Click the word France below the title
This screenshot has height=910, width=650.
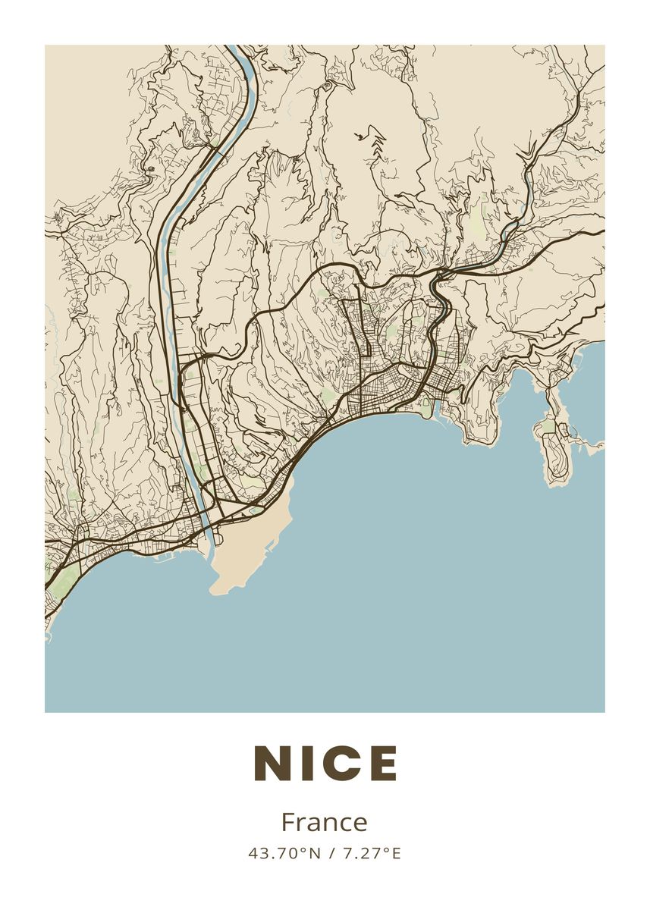pos(324,822)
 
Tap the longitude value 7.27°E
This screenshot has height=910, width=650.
pos(372,853)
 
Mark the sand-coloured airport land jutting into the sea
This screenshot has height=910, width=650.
pos(246,546)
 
